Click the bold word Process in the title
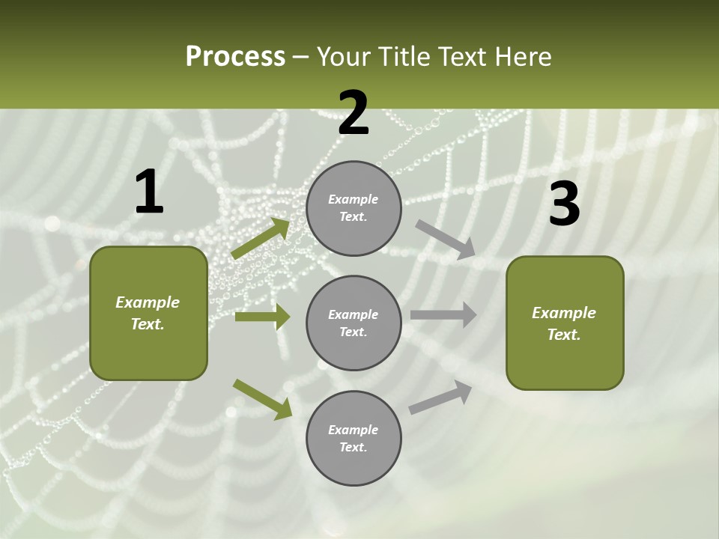tap(235, 57)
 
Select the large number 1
tap(149, 192)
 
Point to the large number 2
tap(354, 114)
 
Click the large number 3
tap(564, 204)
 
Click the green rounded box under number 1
tap(148, 313)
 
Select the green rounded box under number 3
tap(565, 323)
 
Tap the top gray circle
tap(354, 208)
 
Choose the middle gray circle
tap(354, 323)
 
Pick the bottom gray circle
tap(354, 438)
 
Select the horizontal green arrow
tap(262, 317)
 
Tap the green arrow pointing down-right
tap(262, 399)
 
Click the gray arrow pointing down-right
tap(446, 240)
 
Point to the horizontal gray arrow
tap(443, 315)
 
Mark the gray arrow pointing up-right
tap(440, 398)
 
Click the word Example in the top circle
tap(353, 200)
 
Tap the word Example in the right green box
tap(564, 313)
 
